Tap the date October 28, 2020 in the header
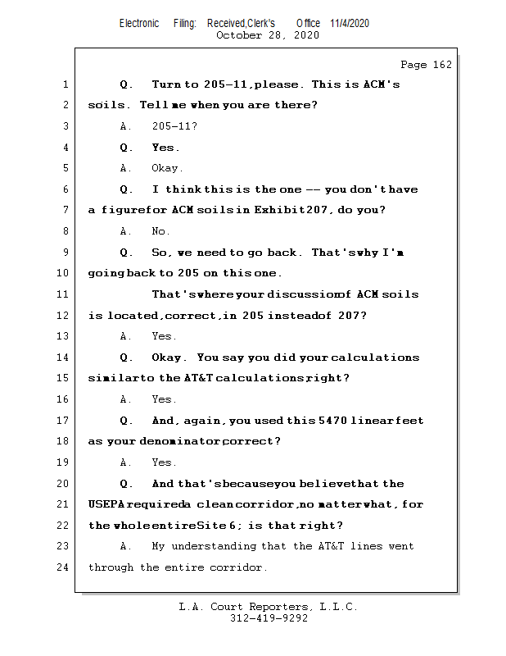[x=268, y=35]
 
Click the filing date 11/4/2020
[x=350, y=23]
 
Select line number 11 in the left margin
[x=65, y=294]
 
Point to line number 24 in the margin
[x=65, y=567]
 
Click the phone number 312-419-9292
[x=269, y=619]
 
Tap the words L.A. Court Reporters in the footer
[x=245, y=607]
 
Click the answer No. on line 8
[x=160, y=232]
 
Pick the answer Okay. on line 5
[x=167, y=169]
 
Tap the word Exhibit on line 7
[x=278, y=211]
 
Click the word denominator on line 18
[x=179, y=441]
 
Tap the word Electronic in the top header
[x=139, y=23]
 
